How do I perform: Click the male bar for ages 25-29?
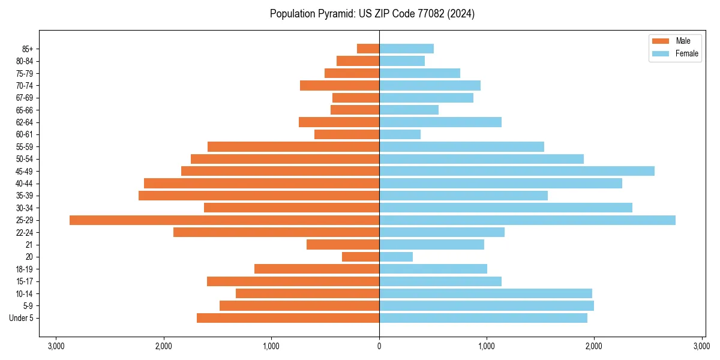tap(224, 220)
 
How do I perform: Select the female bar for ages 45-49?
tap(517, 171)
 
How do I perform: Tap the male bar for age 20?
tap(361, 257)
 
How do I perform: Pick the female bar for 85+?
tap(406, 49)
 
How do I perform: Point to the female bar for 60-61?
tap(400, 134)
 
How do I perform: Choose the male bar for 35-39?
tap(259, 196)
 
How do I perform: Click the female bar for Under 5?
tap(483, 318)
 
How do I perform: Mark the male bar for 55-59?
tap(293, 146)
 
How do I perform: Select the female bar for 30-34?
tap(506, 208)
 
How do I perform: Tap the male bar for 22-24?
tap(276, 232)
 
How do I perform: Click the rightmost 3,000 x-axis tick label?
tap(701, 346)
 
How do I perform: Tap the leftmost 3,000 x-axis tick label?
tap(56, 346)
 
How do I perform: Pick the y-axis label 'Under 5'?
tap(22, 318)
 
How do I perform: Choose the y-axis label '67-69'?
tap(25, 98)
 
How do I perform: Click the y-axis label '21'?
tap(29, 245)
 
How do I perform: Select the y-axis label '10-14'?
tap(25, 293)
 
